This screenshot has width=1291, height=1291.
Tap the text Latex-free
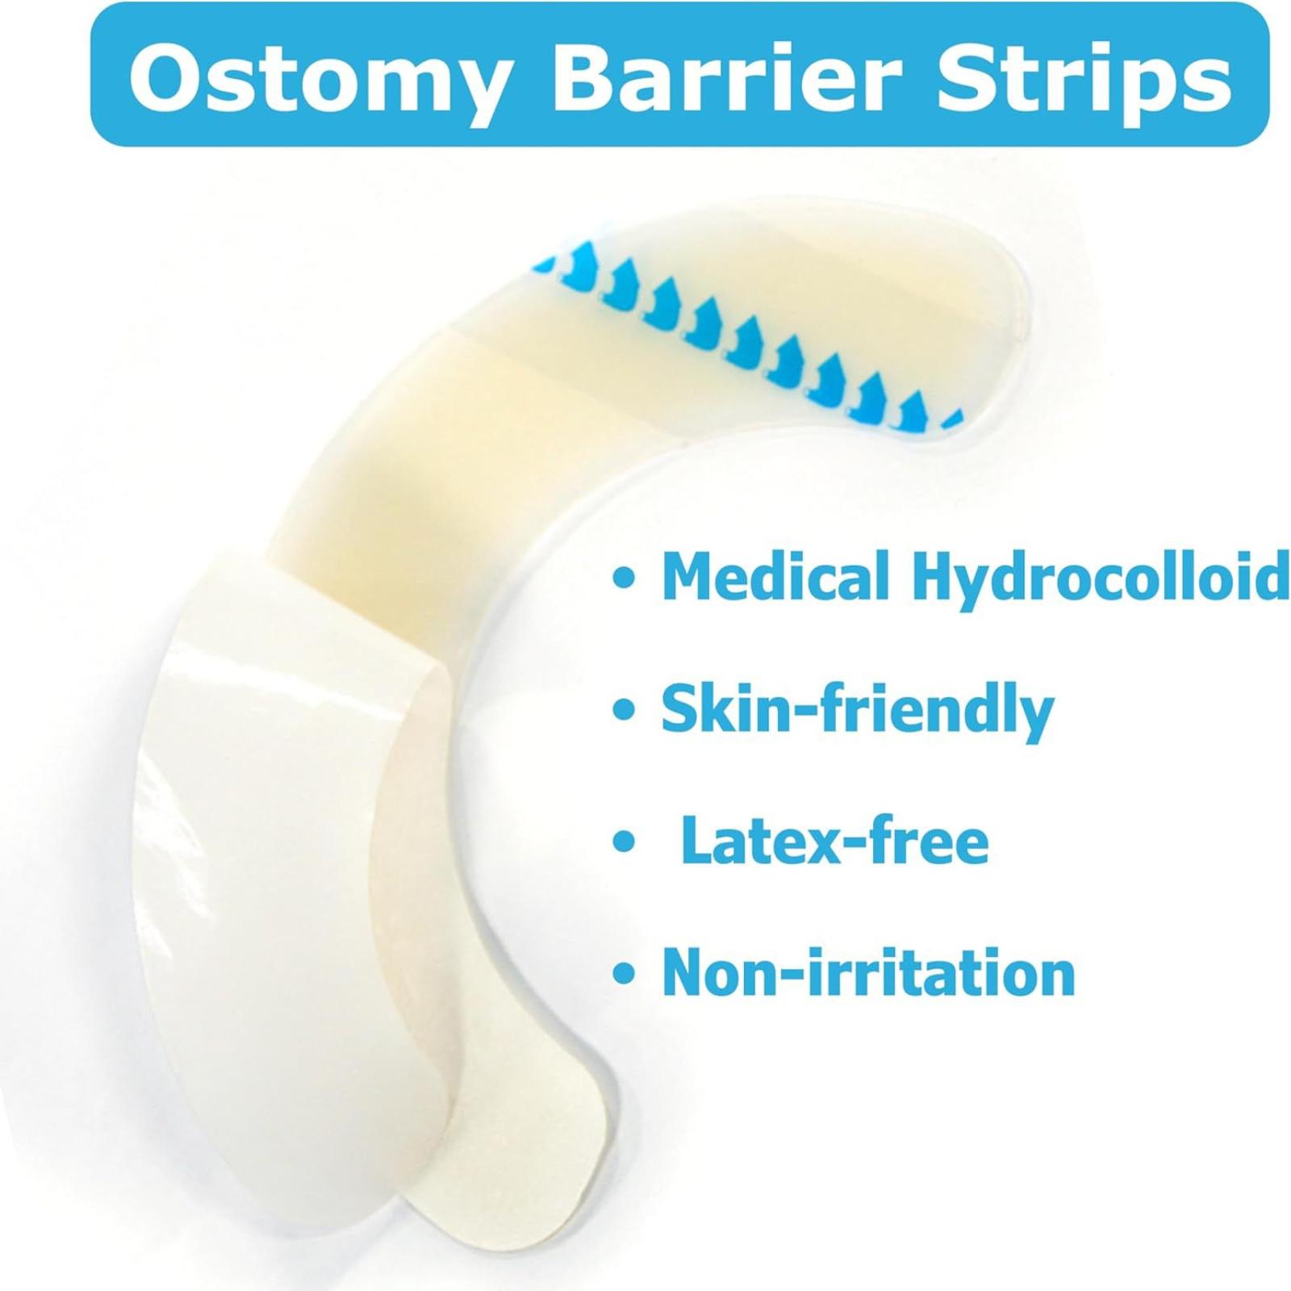tap(835, 841)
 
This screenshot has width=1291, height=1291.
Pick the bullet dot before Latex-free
tap(622, 843)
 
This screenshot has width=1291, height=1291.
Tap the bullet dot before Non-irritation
tap(622, 975)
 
